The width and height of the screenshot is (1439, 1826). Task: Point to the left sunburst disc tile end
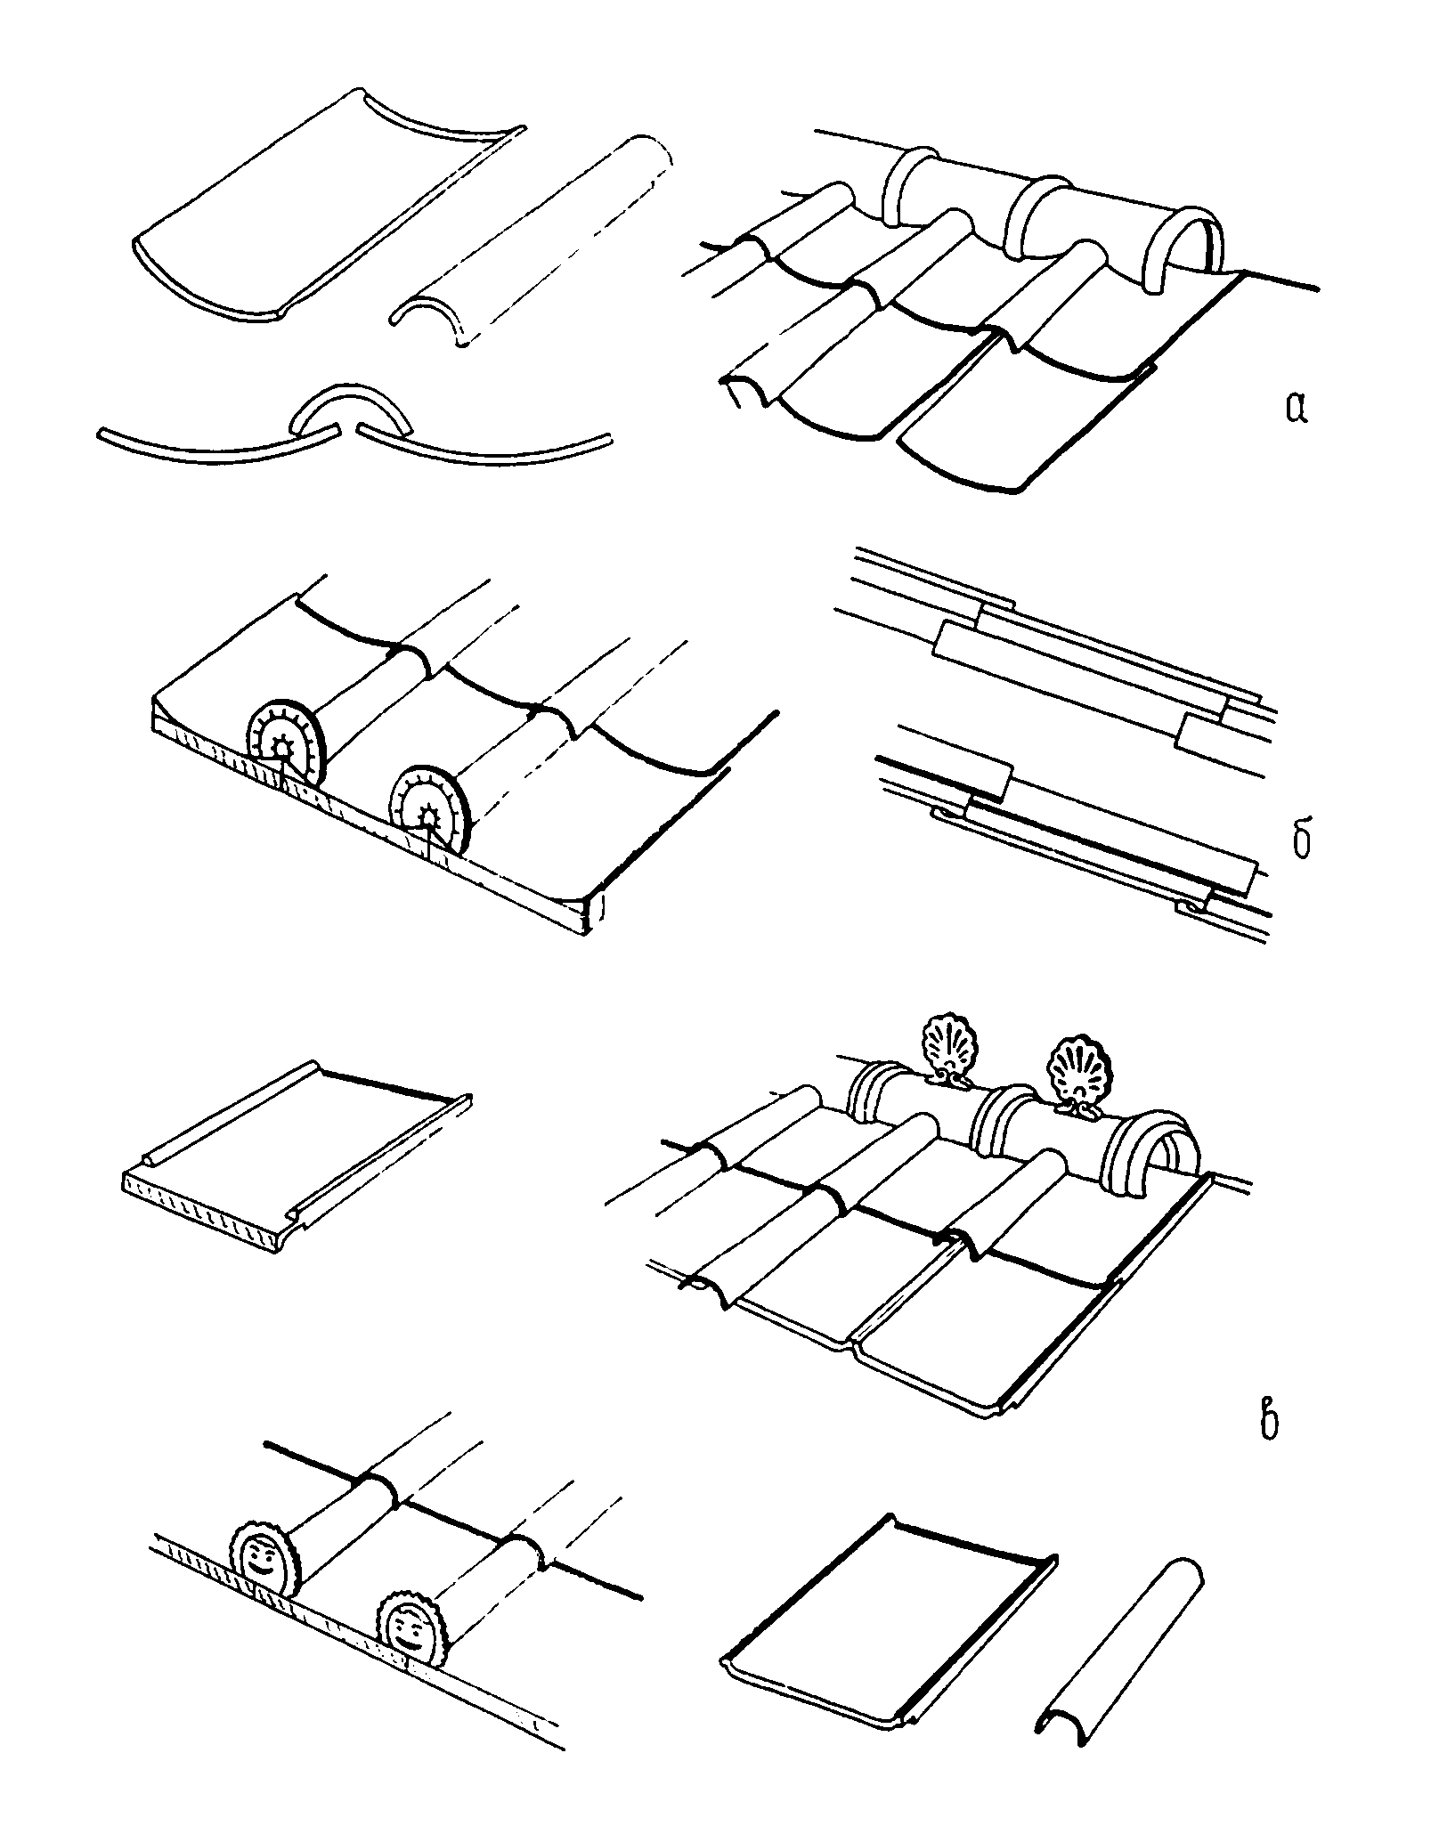pyautogui.click(x=283, y=735)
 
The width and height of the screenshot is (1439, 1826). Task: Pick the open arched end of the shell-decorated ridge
pyautogui.click(x=1155, y=1155)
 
